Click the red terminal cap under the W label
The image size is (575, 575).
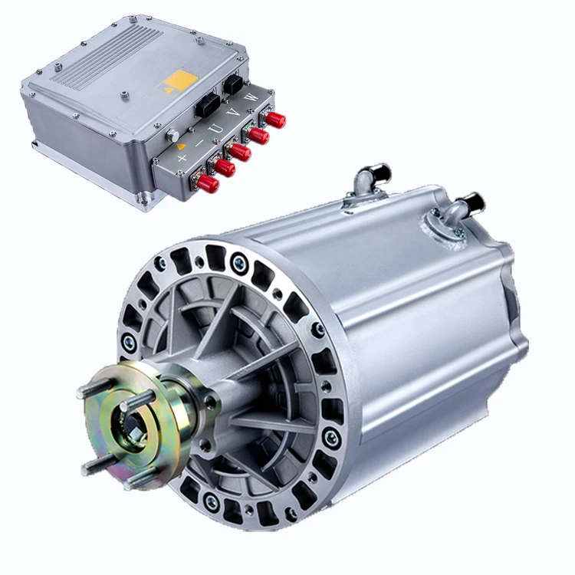point(275,119)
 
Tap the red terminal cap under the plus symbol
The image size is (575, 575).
point(208,183)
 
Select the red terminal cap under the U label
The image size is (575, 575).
point(241,152)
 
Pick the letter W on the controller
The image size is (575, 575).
point(251,97)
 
